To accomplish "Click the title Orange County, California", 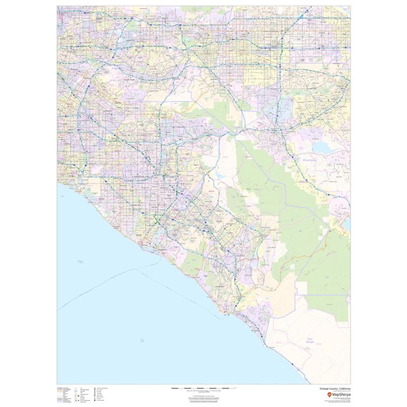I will coord(335,388).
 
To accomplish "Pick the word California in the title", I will coord(343,388).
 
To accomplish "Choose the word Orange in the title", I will coord(324,388).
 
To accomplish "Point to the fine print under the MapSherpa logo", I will coord(336,401).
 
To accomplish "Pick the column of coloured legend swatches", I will coord(60,395).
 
